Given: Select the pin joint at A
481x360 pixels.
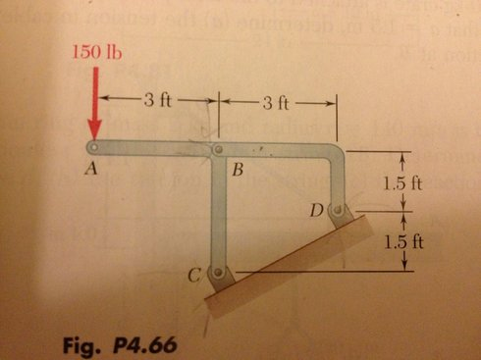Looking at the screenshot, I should [92, 149].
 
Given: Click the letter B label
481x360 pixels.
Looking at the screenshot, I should [236, 169].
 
